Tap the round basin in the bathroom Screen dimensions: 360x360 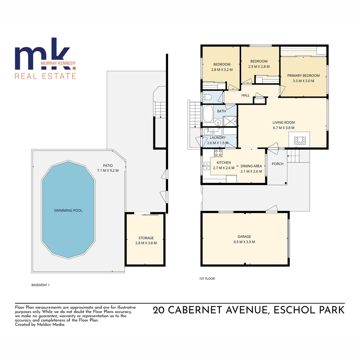point(218,122)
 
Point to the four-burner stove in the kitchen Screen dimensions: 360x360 point(218,153)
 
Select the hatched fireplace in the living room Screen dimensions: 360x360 point(299,140)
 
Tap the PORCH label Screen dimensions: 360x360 point(278,164)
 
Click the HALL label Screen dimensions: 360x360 point(245,95)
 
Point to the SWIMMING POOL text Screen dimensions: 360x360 point(68,210)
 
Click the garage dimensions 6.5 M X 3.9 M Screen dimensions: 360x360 point(244,242)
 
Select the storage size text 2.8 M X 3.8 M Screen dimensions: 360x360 point(146,243)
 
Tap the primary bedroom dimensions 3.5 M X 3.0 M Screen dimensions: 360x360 point(303,81)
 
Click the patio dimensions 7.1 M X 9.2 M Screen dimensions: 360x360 point(107,171)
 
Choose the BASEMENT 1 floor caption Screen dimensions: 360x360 point(40,285)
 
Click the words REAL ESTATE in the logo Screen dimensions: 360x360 point(45,76)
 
